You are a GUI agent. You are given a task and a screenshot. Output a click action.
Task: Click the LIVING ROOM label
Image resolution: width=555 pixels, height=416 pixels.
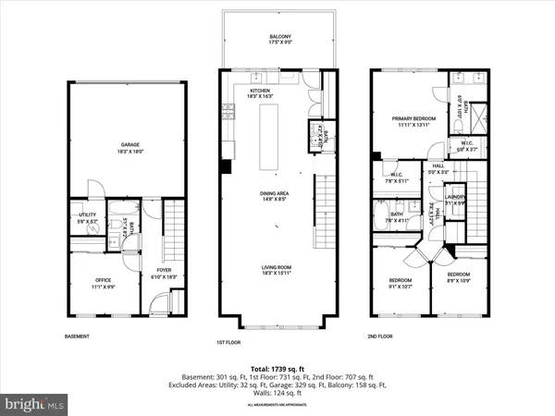tap(275, 268)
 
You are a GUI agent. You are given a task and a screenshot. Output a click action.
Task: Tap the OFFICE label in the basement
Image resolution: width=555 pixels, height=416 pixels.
tap(104, 282)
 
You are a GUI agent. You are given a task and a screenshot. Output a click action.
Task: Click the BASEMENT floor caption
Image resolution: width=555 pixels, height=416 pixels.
tap(78, 336)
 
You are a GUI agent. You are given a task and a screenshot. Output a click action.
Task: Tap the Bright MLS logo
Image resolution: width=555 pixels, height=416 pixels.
tap(35, 404)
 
